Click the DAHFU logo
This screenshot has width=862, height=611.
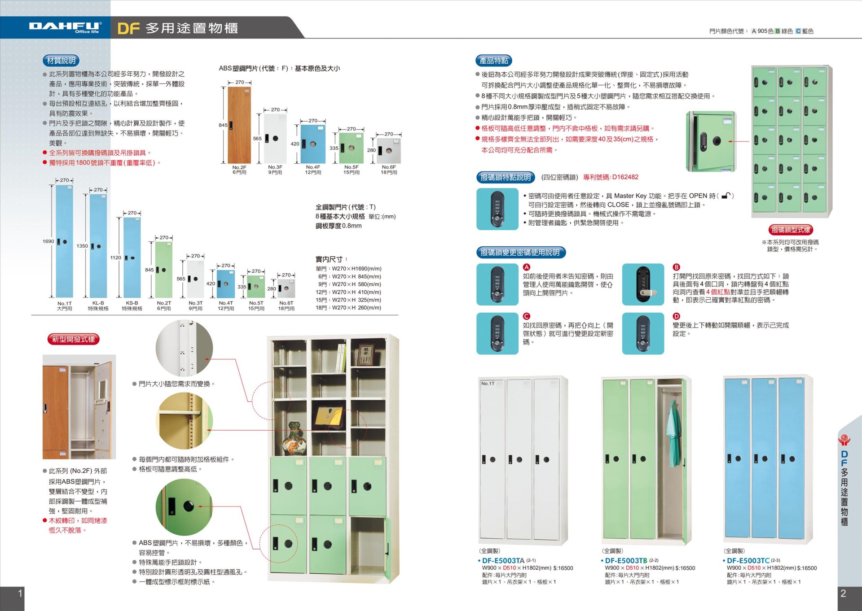click(66, 27)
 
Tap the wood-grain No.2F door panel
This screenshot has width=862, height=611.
click(240, 125)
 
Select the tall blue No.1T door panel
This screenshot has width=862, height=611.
click(64, 241)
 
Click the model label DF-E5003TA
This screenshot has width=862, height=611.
click(503, 560)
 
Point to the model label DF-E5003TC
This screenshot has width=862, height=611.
click(748, 560)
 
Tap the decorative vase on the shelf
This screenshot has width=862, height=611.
click(294, 438)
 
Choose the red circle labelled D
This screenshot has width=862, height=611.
click(676, 316)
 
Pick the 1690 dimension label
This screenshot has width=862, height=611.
click(48, 241)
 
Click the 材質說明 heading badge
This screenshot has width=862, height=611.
click(61, 61)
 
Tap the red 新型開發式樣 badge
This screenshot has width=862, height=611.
click(73, 339)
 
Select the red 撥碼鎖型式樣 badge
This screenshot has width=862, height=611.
click(791, 230)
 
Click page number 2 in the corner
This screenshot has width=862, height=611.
click(843, 593)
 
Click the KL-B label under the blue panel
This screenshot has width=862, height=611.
click(98, 303)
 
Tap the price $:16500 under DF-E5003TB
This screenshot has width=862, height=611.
click(685, 568)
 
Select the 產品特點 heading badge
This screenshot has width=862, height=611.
click(493, 61)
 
